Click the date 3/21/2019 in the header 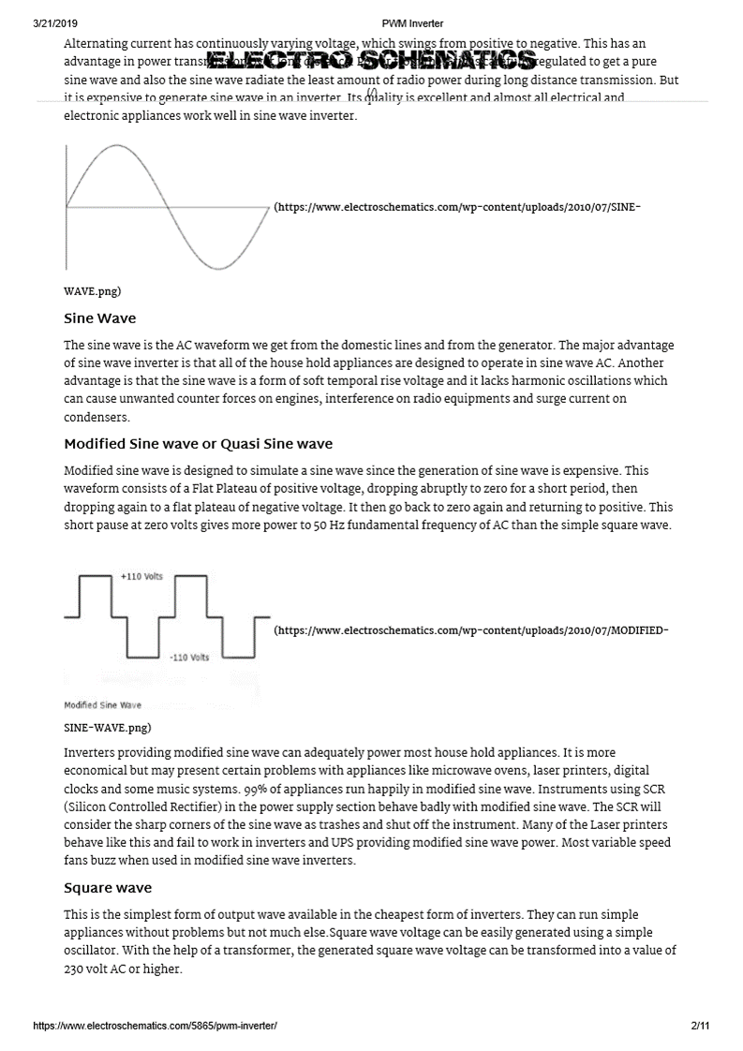tap(53, 23)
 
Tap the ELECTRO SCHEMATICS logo tap(371, 62)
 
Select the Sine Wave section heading tap(99, 318)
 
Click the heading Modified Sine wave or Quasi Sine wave tap(198, 443)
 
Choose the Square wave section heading tap(108, 887)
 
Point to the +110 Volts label tap(141, 576)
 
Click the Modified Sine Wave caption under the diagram tap(102, 704)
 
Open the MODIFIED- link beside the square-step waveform tap(471, 630)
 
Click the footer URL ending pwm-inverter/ tap(155, 1027)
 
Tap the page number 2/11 tap(699, 1027)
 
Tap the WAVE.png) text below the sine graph tap(92, 291)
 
